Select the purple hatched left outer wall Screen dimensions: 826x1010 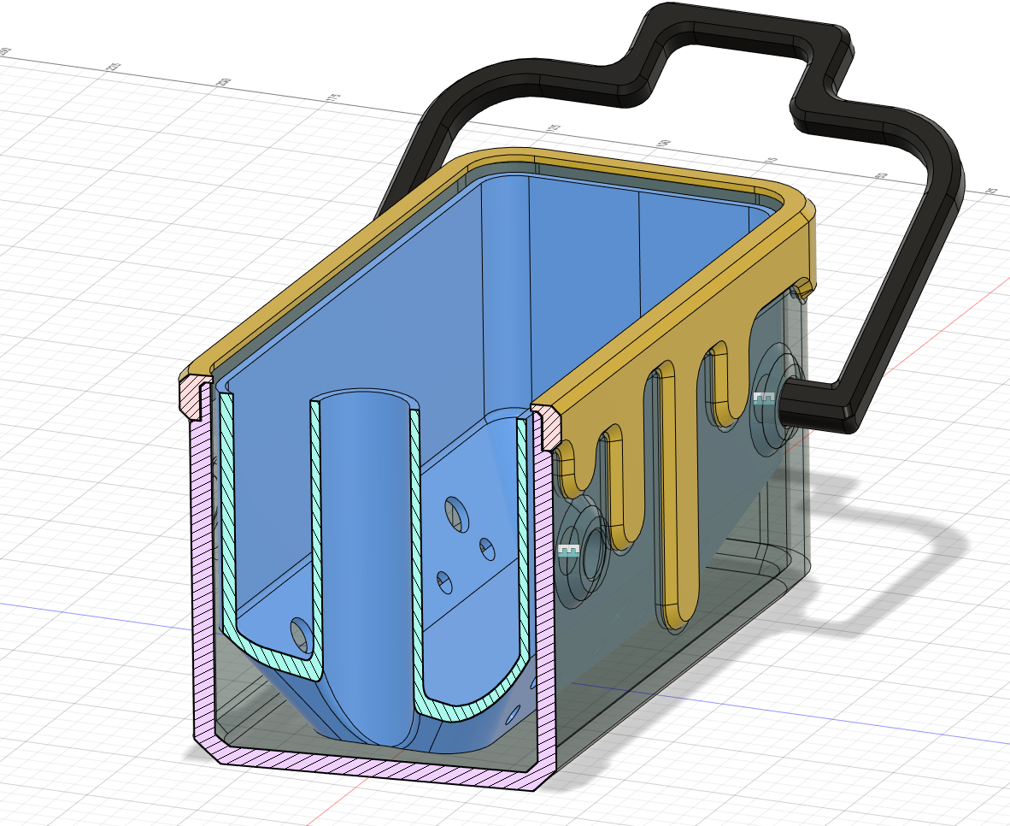pyautogui.click(x=202, y=581)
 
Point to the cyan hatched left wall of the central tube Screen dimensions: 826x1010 pyautogui.click(x=315, y=530)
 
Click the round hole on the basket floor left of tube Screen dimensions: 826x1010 pyautogui.click(x=300, y=633)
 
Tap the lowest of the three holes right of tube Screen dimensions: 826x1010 pyautogui.click(x=444, y=581)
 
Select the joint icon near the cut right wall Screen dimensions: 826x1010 pyautogui.click(x=568, y=550)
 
